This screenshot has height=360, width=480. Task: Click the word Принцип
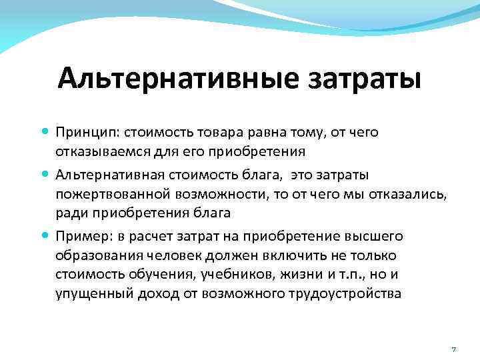coord(83,132)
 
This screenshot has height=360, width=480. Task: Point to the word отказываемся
coord(95,151)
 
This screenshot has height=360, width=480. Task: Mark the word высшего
coord(377,236)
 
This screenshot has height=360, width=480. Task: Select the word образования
coord(91,255)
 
